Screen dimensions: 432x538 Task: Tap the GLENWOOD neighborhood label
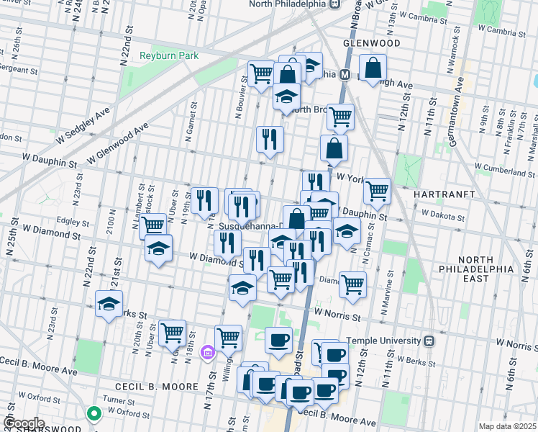[x=371, y=43]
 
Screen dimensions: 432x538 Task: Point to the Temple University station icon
[x=430, y=341]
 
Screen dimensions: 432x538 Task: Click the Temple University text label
[x=384, y=341]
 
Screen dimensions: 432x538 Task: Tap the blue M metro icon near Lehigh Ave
[x=345, y=74]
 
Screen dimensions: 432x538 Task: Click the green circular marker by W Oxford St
[x=94, y=413]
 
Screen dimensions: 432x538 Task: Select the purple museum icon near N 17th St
[x=208, y=352]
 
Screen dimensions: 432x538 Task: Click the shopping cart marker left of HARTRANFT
[x=377, y=191]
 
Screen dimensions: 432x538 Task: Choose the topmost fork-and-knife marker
[x=270, y=138]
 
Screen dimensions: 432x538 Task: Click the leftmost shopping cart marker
[x=152, y=225]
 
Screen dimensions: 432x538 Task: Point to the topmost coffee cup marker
[x=278, y=339]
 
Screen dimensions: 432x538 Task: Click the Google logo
[x=24, y=423]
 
